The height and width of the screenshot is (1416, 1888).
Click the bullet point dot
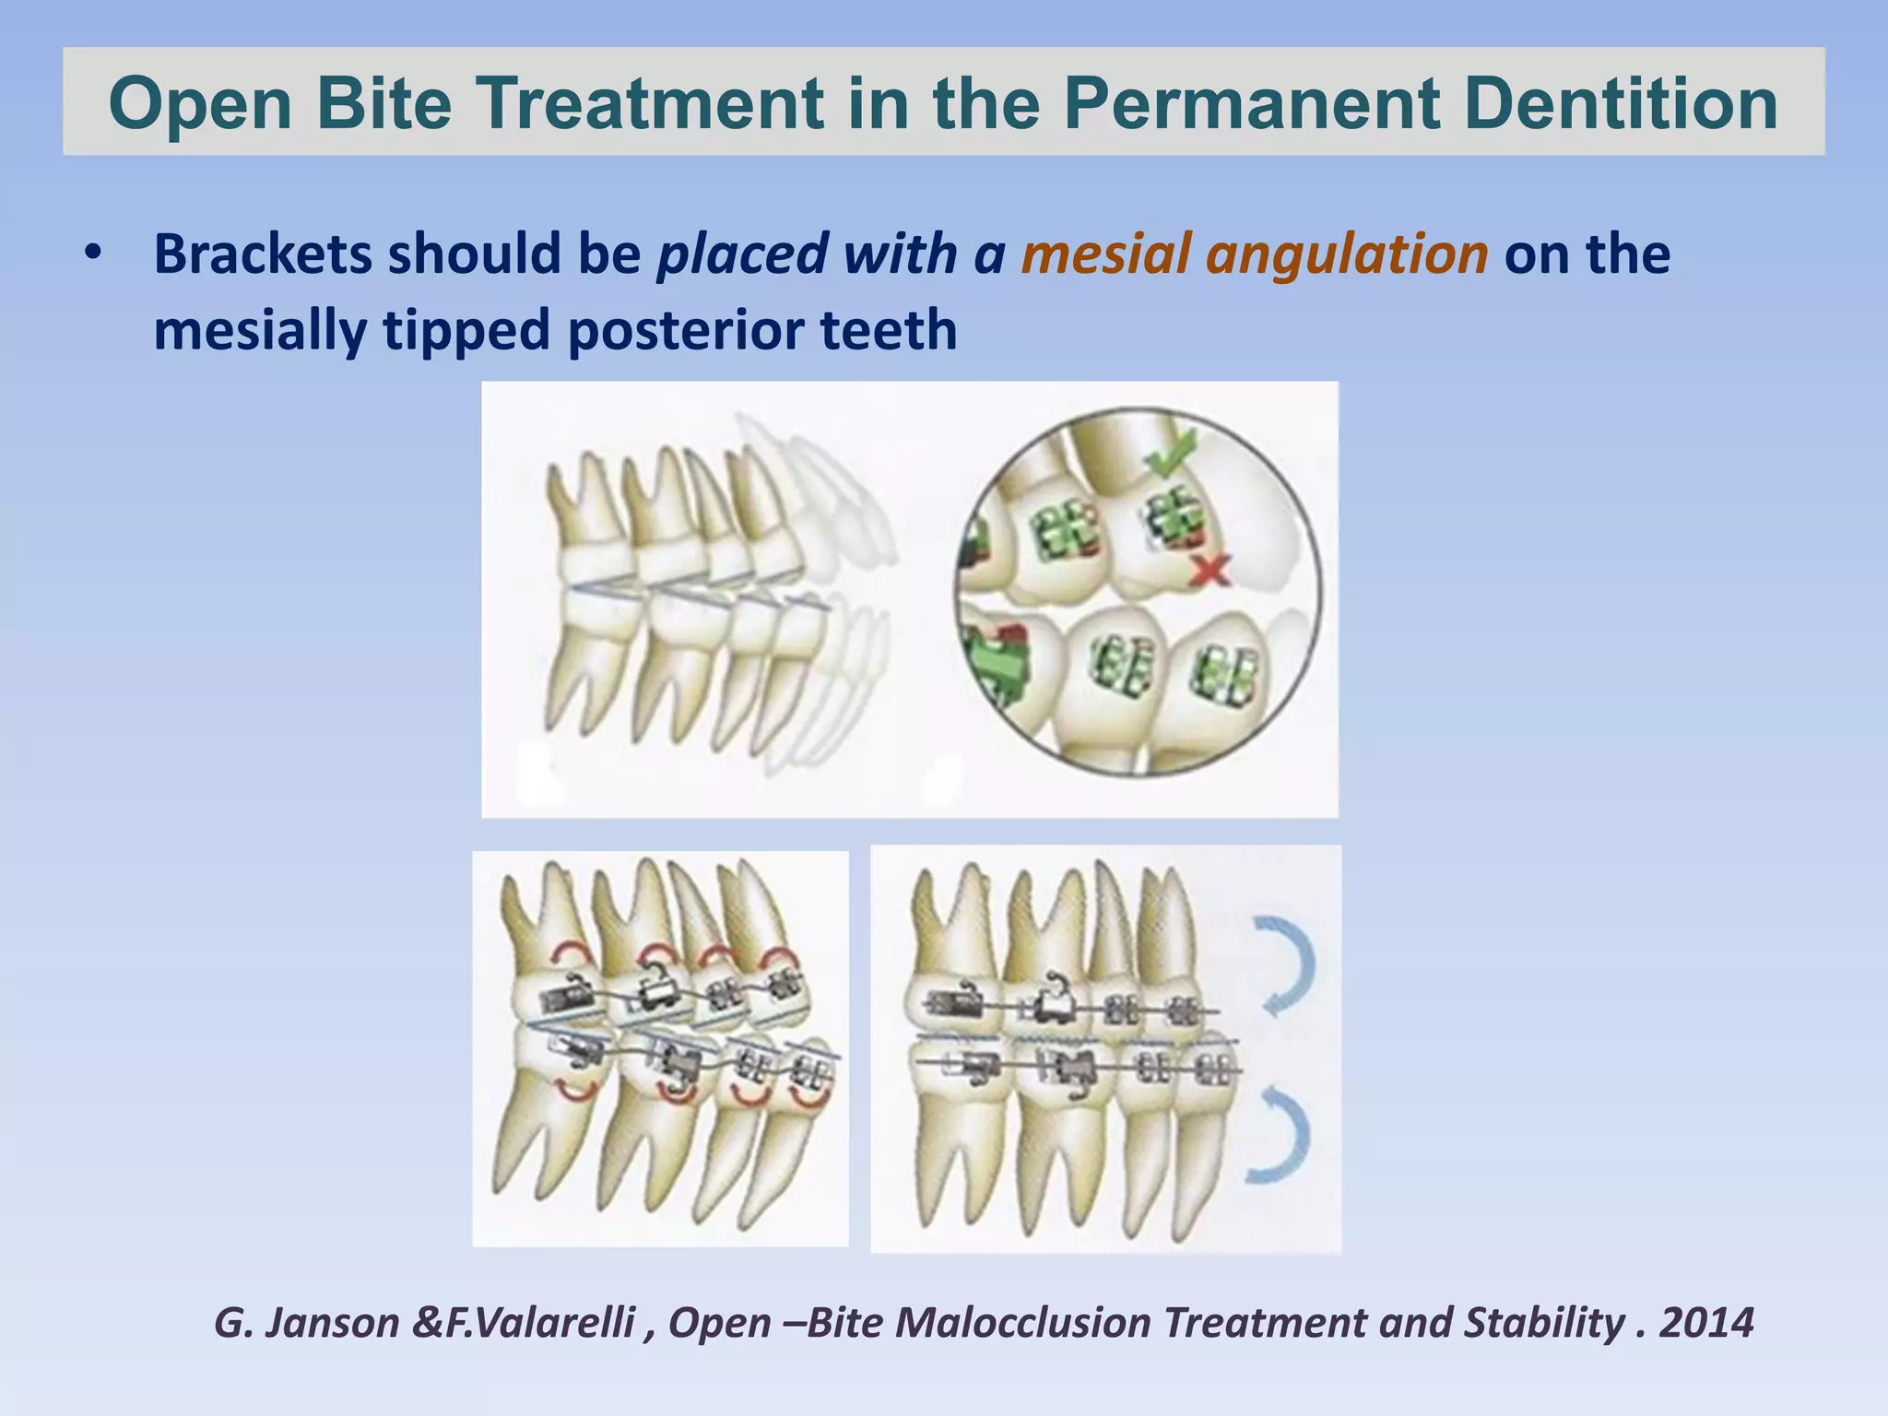90,254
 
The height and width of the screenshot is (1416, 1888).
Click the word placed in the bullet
742,254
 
